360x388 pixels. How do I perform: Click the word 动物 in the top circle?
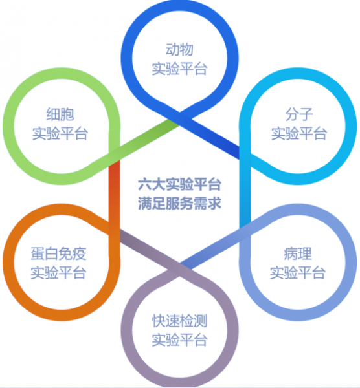[179, 49]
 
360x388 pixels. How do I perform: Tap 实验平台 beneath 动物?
[179, 69]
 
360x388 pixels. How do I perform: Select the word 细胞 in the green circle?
[60, 114]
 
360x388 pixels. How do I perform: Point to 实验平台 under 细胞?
[60, 133]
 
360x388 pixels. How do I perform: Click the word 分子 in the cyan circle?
[299, 114]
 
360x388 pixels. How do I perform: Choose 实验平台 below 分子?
[299, 133]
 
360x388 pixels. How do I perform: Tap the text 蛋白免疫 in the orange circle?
[58, 253]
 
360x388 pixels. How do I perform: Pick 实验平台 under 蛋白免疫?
[58, 273]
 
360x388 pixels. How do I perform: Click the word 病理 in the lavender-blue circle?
[298, 253]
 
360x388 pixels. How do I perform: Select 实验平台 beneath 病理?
[298, 273]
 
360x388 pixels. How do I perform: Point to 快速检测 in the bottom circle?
[179, 321]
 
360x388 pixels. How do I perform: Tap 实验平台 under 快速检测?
[179, 339]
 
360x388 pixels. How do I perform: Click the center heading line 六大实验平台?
[179, 184]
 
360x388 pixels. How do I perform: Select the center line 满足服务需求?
[179, 204]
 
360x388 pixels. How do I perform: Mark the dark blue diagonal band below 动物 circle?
[209, 136]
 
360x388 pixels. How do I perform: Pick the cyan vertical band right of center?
[245, 191]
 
